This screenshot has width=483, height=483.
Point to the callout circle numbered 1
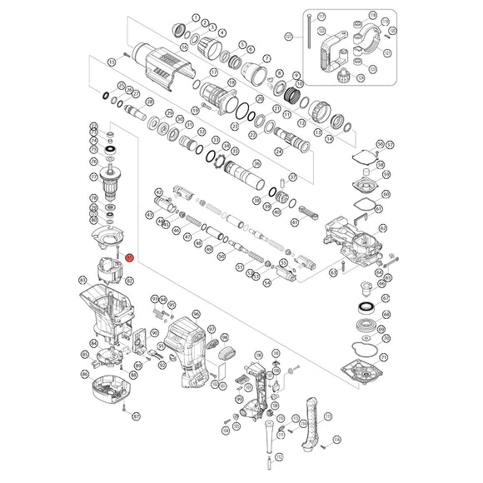[194, 17]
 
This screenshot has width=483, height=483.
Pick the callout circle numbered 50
[221, 257]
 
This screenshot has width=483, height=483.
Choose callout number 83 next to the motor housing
[82, 279]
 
